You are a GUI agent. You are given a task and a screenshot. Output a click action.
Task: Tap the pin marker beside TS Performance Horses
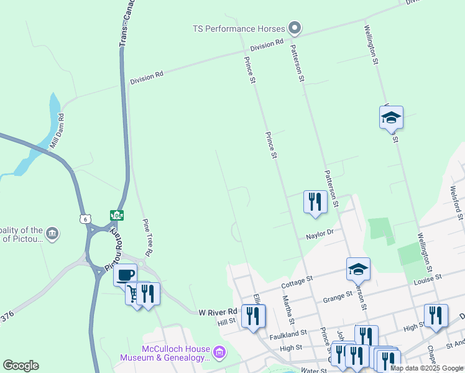coord(295,28)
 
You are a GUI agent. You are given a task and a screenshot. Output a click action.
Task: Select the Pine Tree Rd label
coord(147,237)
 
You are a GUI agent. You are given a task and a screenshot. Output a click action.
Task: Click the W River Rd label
coord(218,311)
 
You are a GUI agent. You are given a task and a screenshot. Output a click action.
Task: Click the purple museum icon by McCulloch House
coord(219,353)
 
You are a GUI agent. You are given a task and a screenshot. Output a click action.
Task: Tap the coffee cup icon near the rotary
coord(125,274)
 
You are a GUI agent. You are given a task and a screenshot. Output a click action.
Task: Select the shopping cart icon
coord(133,292)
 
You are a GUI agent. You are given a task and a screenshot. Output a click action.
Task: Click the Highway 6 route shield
coord(85,218)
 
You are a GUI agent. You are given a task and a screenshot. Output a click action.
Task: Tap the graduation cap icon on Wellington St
coord(391,117)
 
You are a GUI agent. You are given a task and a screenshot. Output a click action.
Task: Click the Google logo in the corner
coord(21,366)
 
